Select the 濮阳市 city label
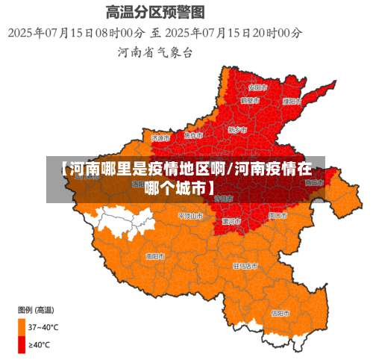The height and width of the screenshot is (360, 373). [292, 101]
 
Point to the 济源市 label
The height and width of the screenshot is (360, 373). [160, 137]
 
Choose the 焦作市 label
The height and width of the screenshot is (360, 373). [193, 135]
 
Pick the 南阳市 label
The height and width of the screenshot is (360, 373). [154, 255]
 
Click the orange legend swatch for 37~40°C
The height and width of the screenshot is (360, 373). [22, 326]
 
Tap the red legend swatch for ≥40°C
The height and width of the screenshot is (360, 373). [22, 344]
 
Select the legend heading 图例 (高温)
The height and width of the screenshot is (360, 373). [35, 308]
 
